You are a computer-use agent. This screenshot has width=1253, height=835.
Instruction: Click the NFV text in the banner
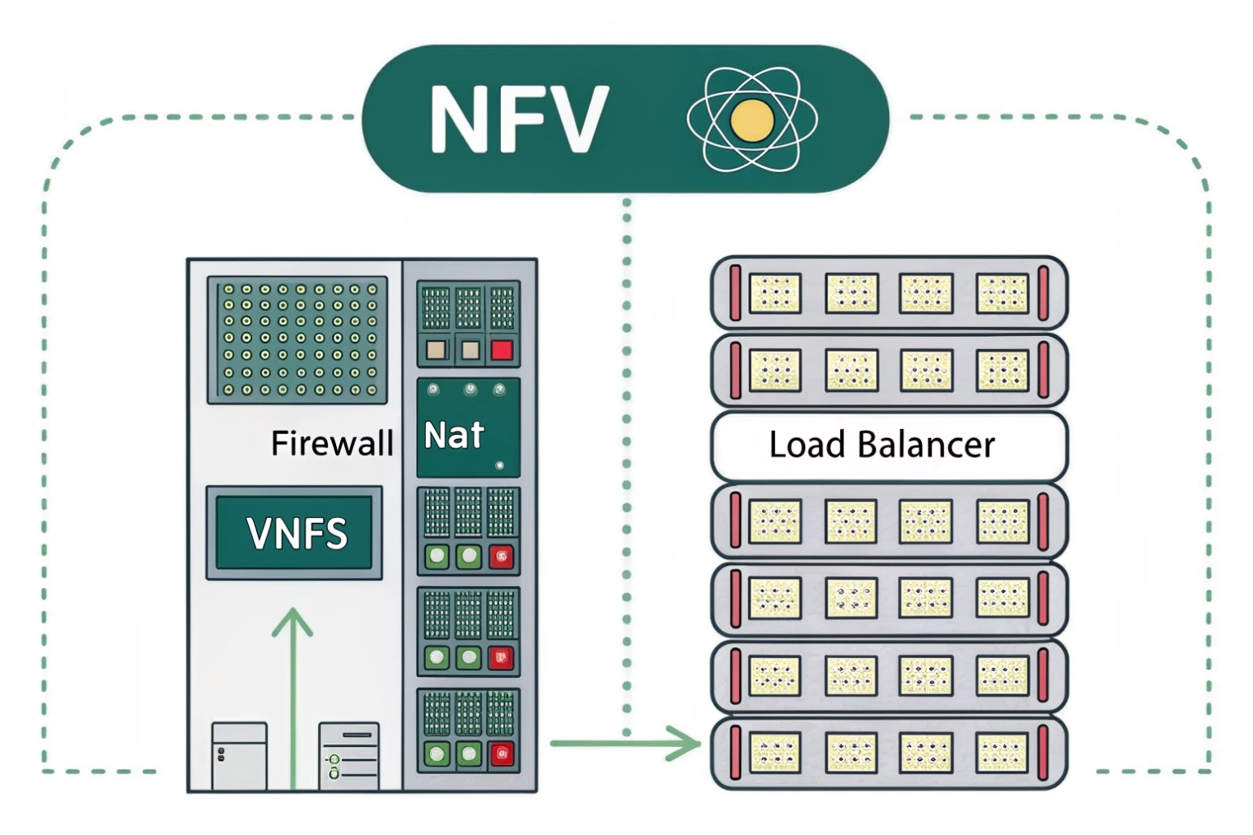click(x=518, y=120)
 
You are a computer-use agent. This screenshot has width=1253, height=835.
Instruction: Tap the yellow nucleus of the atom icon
click(x=751, y=120)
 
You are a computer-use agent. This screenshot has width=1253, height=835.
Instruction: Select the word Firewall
click(x=332, y=444)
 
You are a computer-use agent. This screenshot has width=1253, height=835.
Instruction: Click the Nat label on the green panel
click(x=453, y=435)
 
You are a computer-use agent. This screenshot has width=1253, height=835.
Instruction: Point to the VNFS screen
click(x=295, y=533)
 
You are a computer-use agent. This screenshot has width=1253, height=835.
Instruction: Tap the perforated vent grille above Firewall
click(x=297, y=339)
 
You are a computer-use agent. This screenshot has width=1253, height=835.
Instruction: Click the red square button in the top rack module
click(x=502, y=351)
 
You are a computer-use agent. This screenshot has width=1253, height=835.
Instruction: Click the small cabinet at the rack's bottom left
click(x=239, y=756)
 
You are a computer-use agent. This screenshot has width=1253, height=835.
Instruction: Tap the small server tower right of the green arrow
click(x=349, y=757)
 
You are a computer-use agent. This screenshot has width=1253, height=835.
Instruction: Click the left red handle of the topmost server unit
click(x=735, y=292)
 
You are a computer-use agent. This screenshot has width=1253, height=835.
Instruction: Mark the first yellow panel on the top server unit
click(x=774, y=292)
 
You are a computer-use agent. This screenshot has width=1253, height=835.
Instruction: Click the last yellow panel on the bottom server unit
click(x=1003, y=753)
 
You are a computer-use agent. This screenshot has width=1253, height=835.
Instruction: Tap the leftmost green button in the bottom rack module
click(x=437, y=753)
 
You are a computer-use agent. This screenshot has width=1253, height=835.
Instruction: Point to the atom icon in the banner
click(x=751, y=120)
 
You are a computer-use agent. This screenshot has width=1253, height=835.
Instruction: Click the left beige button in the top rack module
click(x=435, y=351)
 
